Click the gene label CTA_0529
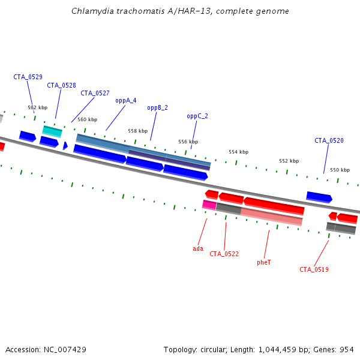[x=28, y=77]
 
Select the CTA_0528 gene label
[x=61, y=85]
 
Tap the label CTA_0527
[x=95, y=93]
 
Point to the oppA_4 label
[x=126, y=100]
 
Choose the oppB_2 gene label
[x=157, y=107]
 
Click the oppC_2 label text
[x=197, y=116]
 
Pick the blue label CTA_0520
[x=329, y=140]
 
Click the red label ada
[x=198, y=248]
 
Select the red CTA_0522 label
[x=224, y=254]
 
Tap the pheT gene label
[x=263, y=262]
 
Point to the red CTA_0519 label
[x=314, y=269]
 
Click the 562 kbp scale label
[x=37, y=107]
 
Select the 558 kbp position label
[x=137, y=131]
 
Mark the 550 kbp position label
[x=340, y=170]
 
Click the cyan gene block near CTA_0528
[x=52, y=131]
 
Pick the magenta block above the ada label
[x=209, y=205]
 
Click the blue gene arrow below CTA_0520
[x=319, y=196]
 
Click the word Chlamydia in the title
[x=90, y=11]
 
